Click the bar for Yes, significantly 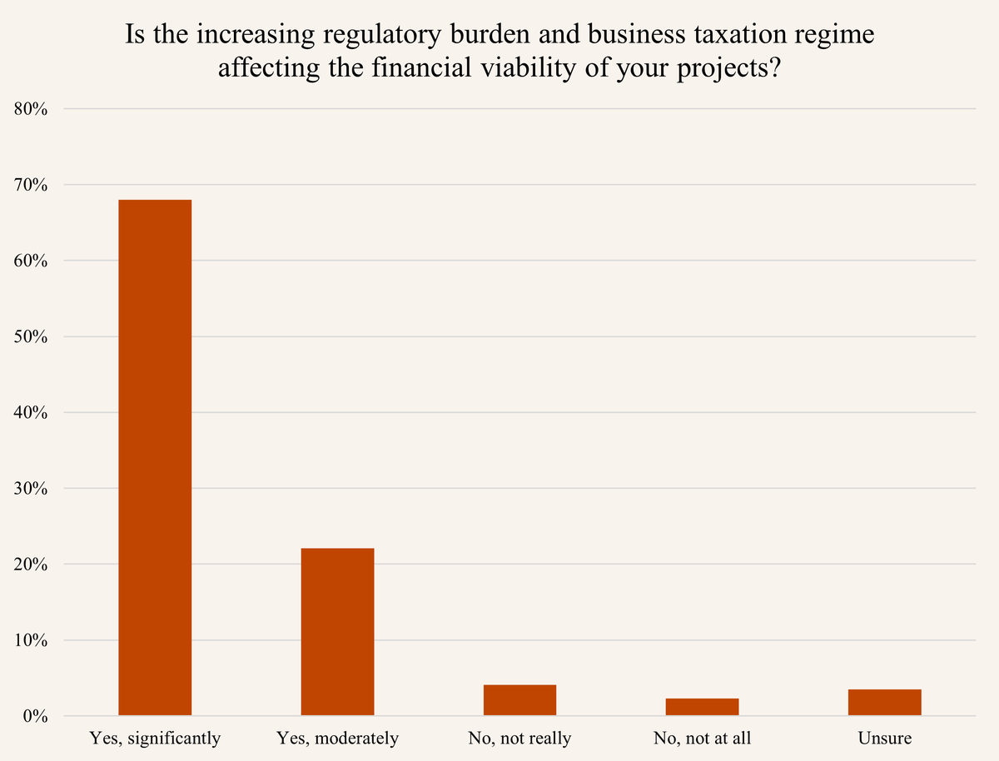(155, 457)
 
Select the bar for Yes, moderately (337, 631)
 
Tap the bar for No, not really (519, 700)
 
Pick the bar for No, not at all (702, 707)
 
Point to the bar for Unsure (884, 702)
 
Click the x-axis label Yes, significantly (155, 739)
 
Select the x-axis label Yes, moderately (337, 739)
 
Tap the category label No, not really (519, 739)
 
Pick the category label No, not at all (702, 739)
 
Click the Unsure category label (884, 739)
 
